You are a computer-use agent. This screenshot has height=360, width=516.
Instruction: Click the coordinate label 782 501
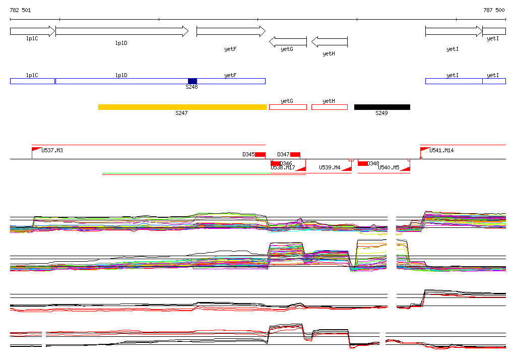[x=20, y=10]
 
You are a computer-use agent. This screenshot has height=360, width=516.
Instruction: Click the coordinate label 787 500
[x=494, y=10]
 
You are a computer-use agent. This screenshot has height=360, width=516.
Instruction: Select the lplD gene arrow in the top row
[x=121, y=31]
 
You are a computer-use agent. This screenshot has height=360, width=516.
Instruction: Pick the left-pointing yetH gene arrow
[x=330, y=41]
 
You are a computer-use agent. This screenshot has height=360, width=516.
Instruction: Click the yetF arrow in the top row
[x=230, y=31]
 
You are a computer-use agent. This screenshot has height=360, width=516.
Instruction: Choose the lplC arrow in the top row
[x=32, y=31]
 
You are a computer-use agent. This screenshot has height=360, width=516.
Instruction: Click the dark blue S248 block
[x=192, y=81]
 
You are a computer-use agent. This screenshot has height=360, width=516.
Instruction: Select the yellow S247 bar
[x=182, y=107]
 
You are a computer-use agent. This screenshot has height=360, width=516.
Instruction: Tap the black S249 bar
[x=382, y=107]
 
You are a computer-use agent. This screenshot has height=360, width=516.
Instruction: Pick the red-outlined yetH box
[x=329, y=107]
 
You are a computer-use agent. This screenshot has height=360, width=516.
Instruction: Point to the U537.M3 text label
[x=52, y=150]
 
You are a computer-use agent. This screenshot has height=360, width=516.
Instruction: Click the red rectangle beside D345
[x=260, y=154]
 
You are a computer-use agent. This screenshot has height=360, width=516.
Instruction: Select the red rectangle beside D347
[x=295, y=154]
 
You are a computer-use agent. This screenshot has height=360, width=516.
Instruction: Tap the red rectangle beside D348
[x=362, y=163]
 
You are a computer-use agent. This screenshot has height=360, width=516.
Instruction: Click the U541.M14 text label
[x=441, y=150]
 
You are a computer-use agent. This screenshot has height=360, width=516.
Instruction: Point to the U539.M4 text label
[x=330, y=167]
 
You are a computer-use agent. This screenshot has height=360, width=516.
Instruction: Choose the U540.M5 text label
[x=389, y=167]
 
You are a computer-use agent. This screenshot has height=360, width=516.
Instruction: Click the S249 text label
[x=381, y=113]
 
